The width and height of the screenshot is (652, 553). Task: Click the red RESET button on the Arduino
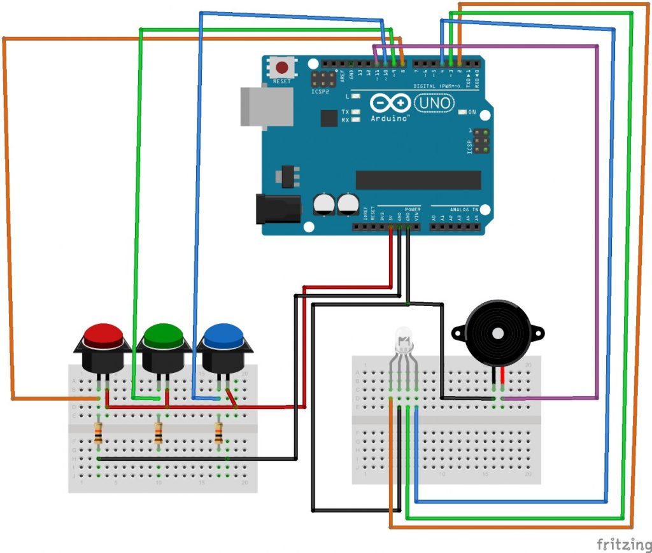pyautogui.click(x=281, y=67)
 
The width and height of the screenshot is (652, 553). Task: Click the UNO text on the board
pyautogui.click(x=436, y=102)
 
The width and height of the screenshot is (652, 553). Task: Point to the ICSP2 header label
pyautogui.click(x=320, y=92)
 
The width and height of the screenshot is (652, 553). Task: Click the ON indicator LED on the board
pyautogui.click(x=463, y=113)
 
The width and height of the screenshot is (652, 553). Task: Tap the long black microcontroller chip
pyautogui.click(x=418, y=180)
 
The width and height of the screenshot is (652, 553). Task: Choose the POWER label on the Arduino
pyautogui.click(x=411, y=209)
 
